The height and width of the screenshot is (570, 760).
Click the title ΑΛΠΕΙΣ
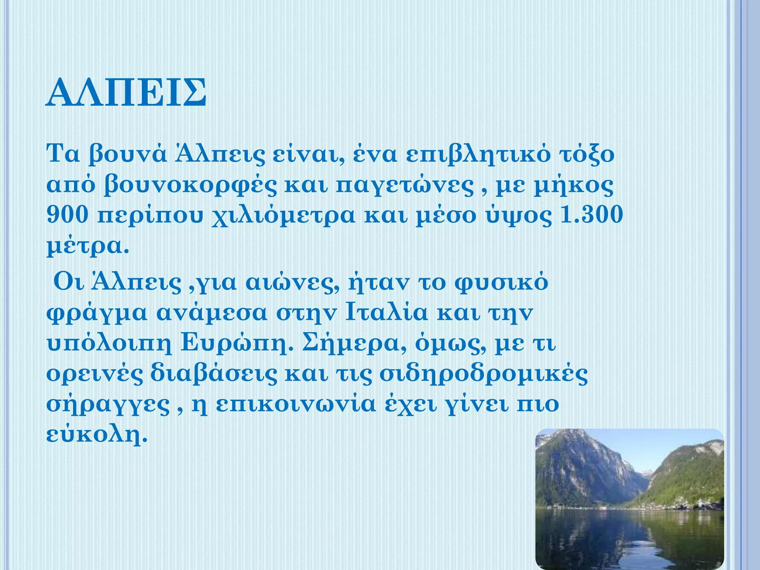click(x=126, y=92)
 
